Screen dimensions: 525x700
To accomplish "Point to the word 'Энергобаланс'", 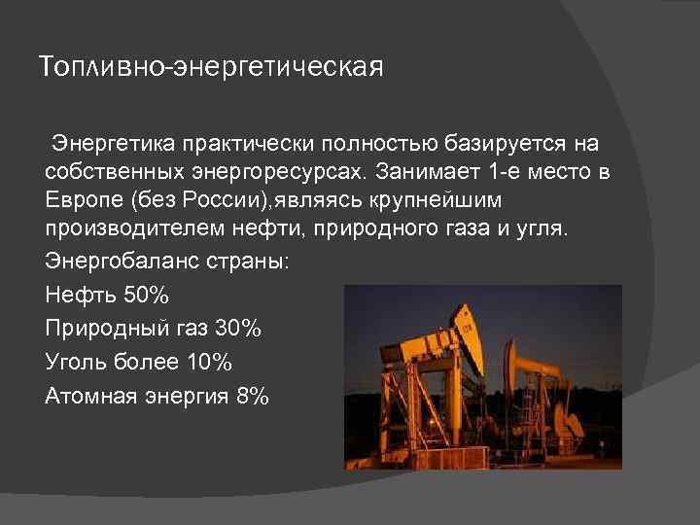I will (x=117, y=263).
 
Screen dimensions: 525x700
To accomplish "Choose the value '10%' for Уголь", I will (x=207, y=363).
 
